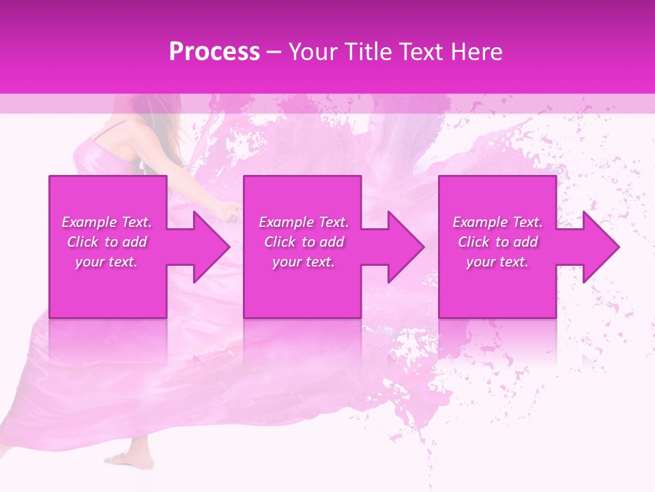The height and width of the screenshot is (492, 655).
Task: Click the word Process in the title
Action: pos(214,52)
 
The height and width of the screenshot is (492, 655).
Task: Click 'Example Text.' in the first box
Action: pos(106,222)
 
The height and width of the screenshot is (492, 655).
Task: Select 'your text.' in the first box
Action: pos(106,262)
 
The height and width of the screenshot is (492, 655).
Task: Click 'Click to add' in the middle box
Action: pos(304,242)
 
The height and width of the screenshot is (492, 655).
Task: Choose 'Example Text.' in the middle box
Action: pos(304,222)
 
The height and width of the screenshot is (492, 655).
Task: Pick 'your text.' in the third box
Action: pos(497,262)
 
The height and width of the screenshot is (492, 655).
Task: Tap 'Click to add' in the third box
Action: pos(497,242)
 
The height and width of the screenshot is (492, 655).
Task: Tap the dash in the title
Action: pos(274,52)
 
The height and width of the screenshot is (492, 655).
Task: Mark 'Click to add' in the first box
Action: pos(106,242)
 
